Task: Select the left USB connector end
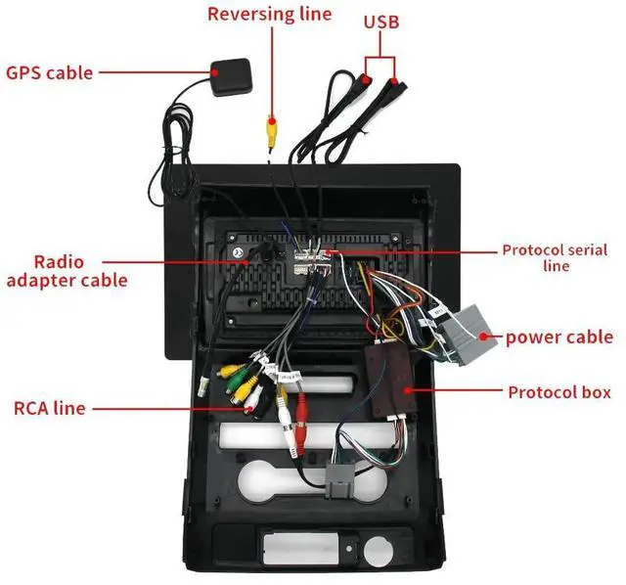tap(363, 77)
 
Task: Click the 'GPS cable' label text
tap(50, 72)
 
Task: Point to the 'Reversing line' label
tap(269, 14)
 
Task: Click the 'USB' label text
tap(380, 21)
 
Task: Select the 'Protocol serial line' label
tap(555, 257)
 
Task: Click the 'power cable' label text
tap(559, 337)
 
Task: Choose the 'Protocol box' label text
tap(559, 392)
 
